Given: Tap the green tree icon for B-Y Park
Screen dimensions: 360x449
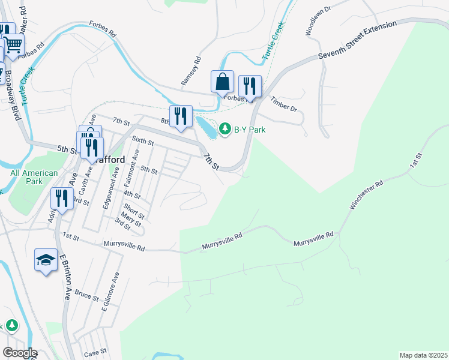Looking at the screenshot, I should pos(225,128).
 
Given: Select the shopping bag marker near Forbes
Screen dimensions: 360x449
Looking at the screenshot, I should pos(222,82).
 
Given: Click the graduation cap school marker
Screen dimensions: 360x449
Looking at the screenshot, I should pos(46,260).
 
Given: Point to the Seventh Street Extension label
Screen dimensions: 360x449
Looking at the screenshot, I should pos(357,40).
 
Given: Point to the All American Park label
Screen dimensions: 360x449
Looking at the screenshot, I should pos(34,177).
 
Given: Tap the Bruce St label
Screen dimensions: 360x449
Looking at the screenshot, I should pos(86,296).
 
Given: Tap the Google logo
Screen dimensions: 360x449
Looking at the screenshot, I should pos(19,353).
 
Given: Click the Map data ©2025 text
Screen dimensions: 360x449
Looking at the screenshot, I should pos(423,355).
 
